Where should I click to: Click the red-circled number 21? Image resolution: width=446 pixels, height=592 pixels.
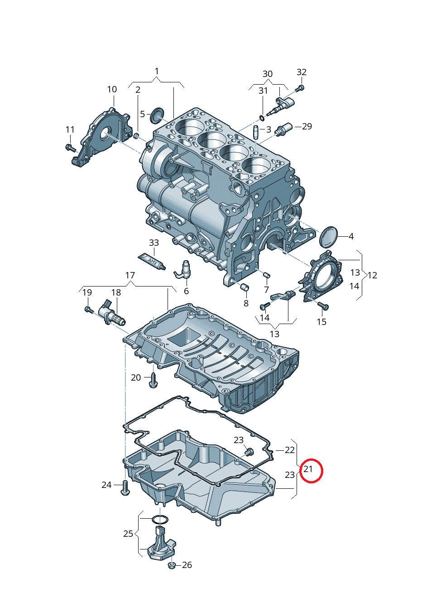(x=308, y=469)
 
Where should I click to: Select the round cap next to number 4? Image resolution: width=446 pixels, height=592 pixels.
(x=329, y=236)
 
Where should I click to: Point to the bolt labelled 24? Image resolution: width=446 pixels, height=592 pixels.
(x=125, y=488)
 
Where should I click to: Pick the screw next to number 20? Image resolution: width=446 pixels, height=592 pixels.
(x=153, y=380)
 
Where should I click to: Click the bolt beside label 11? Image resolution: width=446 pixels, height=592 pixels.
(x=70, y=147)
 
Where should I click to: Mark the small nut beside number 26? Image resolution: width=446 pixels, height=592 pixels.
(x=172, y=565)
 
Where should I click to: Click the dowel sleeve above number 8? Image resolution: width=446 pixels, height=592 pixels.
(x=245, y=287)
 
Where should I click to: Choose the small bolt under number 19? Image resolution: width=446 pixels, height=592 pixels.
(x=88, y=310)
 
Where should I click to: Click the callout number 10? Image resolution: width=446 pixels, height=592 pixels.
(x=112, y=90)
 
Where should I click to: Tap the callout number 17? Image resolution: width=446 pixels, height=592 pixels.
(x=130, y=275)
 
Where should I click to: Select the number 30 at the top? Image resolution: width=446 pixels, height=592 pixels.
(x=268, y=74)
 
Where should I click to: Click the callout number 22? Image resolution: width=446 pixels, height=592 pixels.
(x=290, y=450)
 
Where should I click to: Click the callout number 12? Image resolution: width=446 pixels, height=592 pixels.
(x=372, y=275)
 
